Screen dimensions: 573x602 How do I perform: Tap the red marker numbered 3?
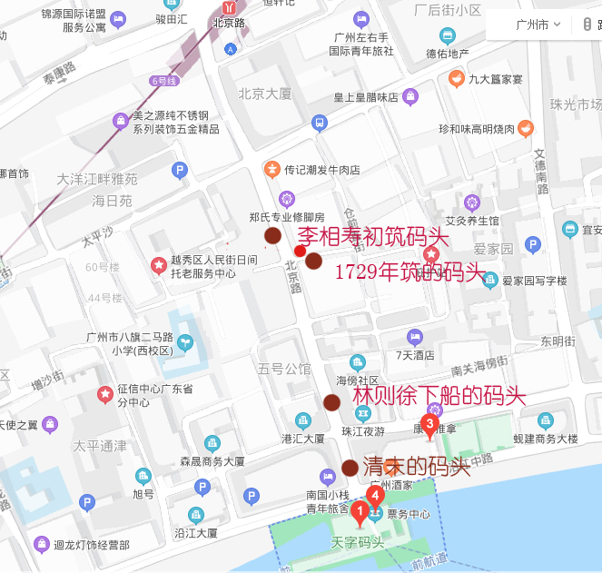coord(429,424)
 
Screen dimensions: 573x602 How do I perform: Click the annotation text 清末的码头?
coord(416,467)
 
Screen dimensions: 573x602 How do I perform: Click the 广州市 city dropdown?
coord(537,25)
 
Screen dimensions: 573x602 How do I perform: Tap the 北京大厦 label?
coord(265,94)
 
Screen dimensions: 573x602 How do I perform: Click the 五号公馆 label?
coord(284,369)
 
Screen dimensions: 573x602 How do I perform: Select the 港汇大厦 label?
coord(303,439)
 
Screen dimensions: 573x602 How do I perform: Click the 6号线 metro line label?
coord(163,81)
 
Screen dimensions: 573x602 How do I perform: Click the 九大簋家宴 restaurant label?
coord(496,79)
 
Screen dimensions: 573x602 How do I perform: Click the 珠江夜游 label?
coord(363,431)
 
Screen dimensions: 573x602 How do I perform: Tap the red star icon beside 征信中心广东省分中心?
coord(106,395)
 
